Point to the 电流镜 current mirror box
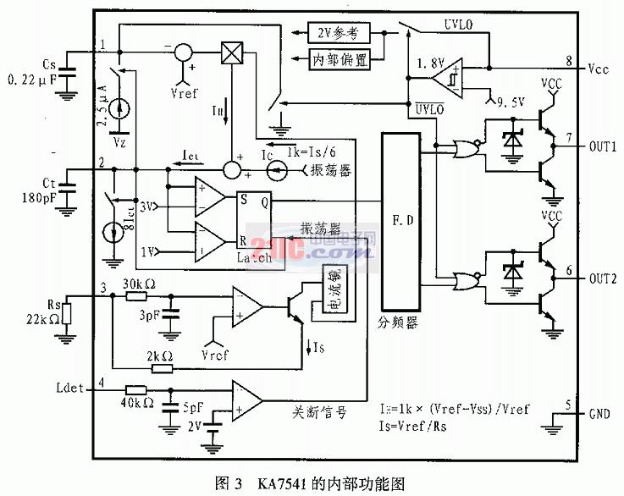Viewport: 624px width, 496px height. (x=335, y=294)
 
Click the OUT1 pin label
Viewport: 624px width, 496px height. (x=603, y=146)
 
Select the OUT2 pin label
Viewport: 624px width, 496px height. (x=603, y=278)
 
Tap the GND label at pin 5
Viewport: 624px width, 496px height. (x=600, y=415)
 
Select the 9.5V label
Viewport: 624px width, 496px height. (x=513, y=99)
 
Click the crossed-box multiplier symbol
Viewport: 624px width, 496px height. (x=231, y=52)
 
